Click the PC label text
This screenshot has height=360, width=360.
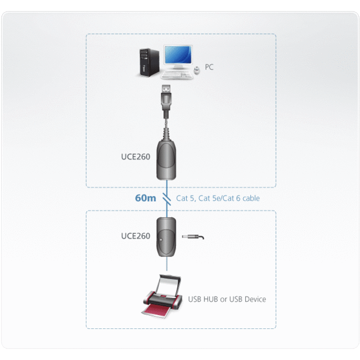[209, 67]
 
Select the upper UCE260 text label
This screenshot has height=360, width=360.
[136, 157]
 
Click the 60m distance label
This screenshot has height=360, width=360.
[146, 198]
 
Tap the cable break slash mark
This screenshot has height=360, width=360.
[168, 197]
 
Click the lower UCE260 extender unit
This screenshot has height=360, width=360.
[167, 236]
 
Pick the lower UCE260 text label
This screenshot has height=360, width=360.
[136, 236]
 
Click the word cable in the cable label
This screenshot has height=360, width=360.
[250, 198]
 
